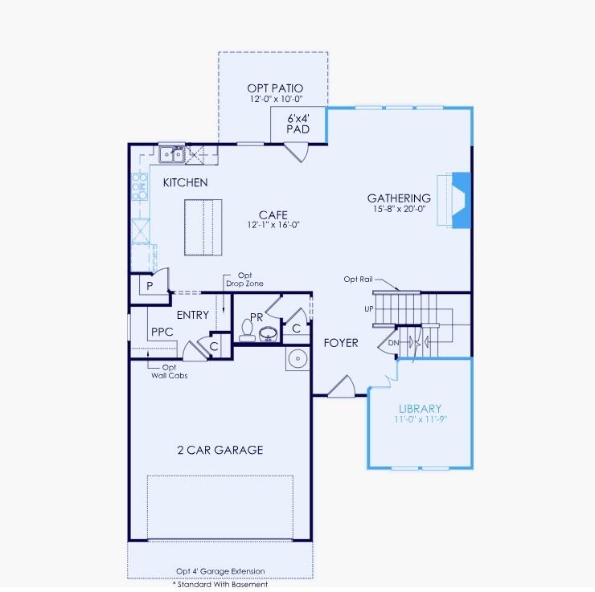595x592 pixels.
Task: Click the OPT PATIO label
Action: coord(276,88)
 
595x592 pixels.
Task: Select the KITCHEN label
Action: coord(185,182)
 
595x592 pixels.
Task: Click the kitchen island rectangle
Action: coord(201,227)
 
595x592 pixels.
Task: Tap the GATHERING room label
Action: coord(399,198)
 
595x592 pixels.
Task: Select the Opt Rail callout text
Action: coord(358,279)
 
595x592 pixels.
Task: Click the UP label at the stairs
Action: coord(368,308)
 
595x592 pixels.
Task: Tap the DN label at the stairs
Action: coord(393,342)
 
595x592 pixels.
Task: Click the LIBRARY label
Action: coord(420,408)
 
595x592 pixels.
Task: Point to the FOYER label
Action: coord(341,343)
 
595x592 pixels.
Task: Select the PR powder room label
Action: coord(256,318)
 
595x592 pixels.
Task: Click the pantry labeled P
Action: coord(150,285)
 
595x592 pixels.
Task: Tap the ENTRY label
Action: coord(193,315)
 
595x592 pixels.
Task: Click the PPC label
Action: coord(162,331)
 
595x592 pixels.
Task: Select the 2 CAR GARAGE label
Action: coord(220,450)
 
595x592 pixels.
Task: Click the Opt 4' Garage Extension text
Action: coord(220,572)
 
